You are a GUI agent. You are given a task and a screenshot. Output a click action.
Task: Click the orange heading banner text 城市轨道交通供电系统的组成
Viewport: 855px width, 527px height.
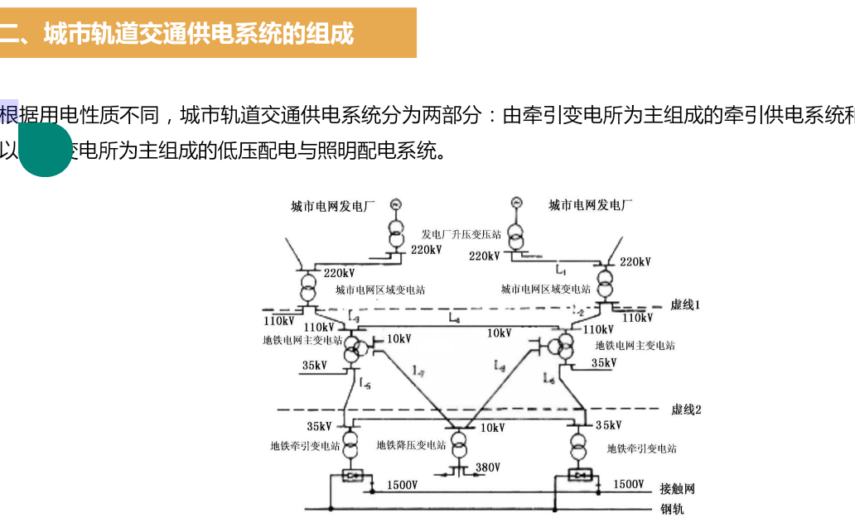(199, 34)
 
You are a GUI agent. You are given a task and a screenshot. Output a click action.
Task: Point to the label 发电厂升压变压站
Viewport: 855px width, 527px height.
(461, 235)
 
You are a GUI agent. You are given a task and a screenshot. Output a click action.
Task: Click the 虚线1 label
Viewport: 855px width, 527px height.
(685, 304)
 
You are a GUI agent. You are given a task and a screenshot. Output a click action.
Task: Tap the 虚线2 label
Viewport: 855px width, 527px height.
(686, 410)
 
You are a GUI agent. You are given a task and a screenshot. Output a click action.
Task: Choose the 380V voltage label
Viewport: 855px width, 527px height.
(488, 467)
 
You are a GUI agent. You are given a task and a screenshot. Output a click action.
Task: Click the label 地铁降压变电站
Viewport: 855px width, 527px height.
(411, 445)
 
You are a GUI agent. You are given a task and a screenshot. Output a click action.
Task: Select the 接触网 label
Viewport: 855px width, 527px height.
(677, 489)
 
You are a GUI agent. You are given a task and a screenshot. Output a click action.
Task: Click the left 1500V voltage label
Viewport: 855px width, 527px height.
(402, 485)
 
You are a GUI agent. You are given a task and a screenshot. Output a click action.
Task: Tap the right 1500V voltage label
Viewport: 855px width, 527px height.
(628, 484)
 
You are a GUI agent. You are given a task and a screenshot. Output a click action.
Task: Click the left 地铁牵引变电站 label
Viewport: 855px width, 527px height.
(305, 446)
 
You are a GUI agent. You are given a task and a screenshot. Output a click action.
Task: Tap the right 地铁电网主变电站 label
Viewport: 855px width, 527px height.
(635, 345)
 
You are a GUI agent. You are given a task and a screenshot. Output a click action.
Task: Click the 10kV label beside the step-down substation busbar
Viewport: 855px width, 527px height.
(492, 428)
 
